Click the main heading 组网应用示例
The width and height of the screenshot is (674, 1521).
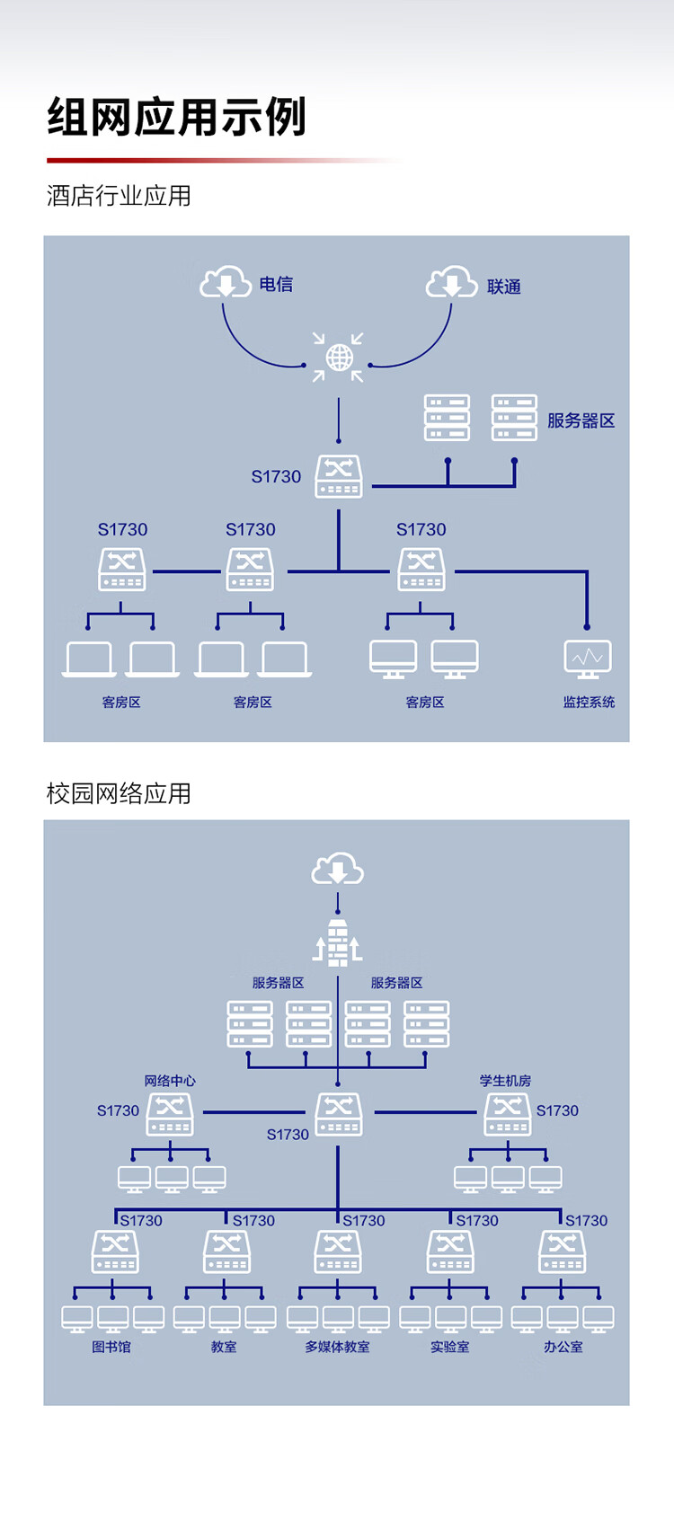[x=177, y=117]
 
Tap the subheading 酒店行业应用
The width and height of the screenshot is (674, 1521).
[x=119, y=196]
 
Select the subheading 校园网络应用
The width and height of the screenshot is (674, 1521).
[x=119, y=793]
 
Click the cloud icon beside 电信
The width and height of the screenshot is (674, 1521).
[x=226, y=282]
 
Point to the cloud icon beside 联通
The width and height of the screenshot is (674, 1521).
[x=452, y=282]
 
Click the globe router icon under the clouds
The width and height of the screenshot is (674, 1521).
[x=339, y=358]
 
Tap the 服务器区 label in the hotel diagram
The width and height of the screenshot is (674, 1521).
[x=581, y=421]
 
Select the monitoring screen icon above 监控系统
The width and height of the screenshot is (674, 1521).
[x=588, y=659]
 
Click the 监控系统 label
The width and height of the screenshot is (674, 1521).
[x=589, y=703]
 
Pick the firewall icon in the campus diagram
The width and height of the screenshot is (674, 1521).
[x=338, y=942]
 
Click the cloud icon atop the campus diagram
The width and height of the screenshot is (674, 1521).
[x=338, y=869]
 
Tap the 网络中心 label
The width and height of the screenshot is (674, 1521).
[x=170, y=1080]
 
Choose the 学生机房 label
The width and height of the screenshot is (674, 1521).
[x=505, y=1080]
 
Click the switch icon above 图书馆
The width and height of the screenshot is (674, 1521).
[x=115, y=1251]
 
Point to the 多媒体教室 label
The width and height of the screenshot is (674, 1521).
[x=338, y=1347]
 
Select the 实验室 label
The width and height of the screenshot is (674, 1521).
[x=450, y=1347]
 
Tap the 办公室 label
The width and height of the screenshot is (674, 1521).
[x=563, y=1347]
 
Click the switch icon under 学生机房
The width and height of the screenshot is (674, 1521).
[x=508, y=1114]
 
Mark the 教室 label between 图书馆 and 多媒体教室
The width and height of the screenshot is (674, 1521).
[x=224, y=1347]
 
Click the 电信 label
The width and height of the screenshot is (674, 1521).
[x=276, y=284]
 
